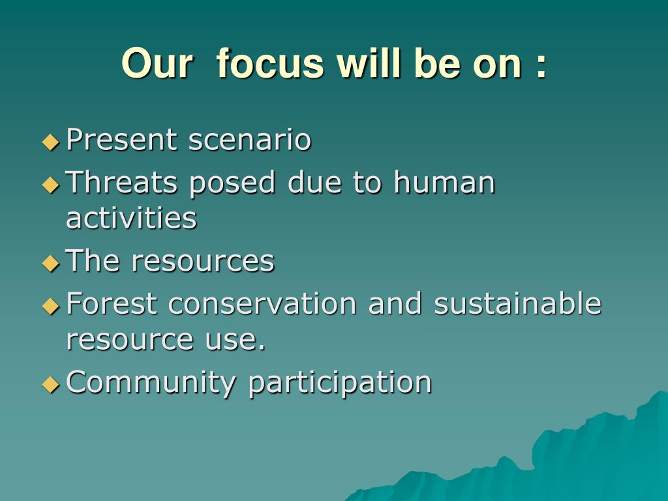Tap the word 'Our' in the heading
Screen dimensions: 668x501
pos(157,63)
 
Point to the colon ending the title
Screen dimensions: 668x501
pos(541,67)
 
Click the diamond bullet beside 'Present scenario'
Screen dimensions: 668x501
pos(51,142)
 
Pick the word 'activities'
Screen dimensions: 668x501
pos(131,218)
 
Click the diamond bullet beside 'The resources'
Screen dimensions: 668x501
pos(51,264)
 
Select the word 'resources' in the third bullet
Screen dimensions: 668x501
pos(203,261)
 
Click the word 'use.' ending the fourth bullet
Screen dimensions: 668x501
pos(235,340)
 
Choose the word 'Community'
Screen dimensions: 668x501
pos(151,383)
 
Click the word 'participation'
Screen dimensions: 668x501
pos(340,383)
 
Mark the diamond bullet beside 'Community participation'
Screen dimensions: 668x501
pos(51,385)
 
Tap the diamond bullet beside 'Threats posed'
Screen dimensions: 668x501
pos(51,185)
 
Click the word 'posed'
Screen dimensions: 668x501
pos(232,183)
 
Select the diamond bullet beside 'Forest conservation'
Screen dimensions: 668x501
pos(51,306)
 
